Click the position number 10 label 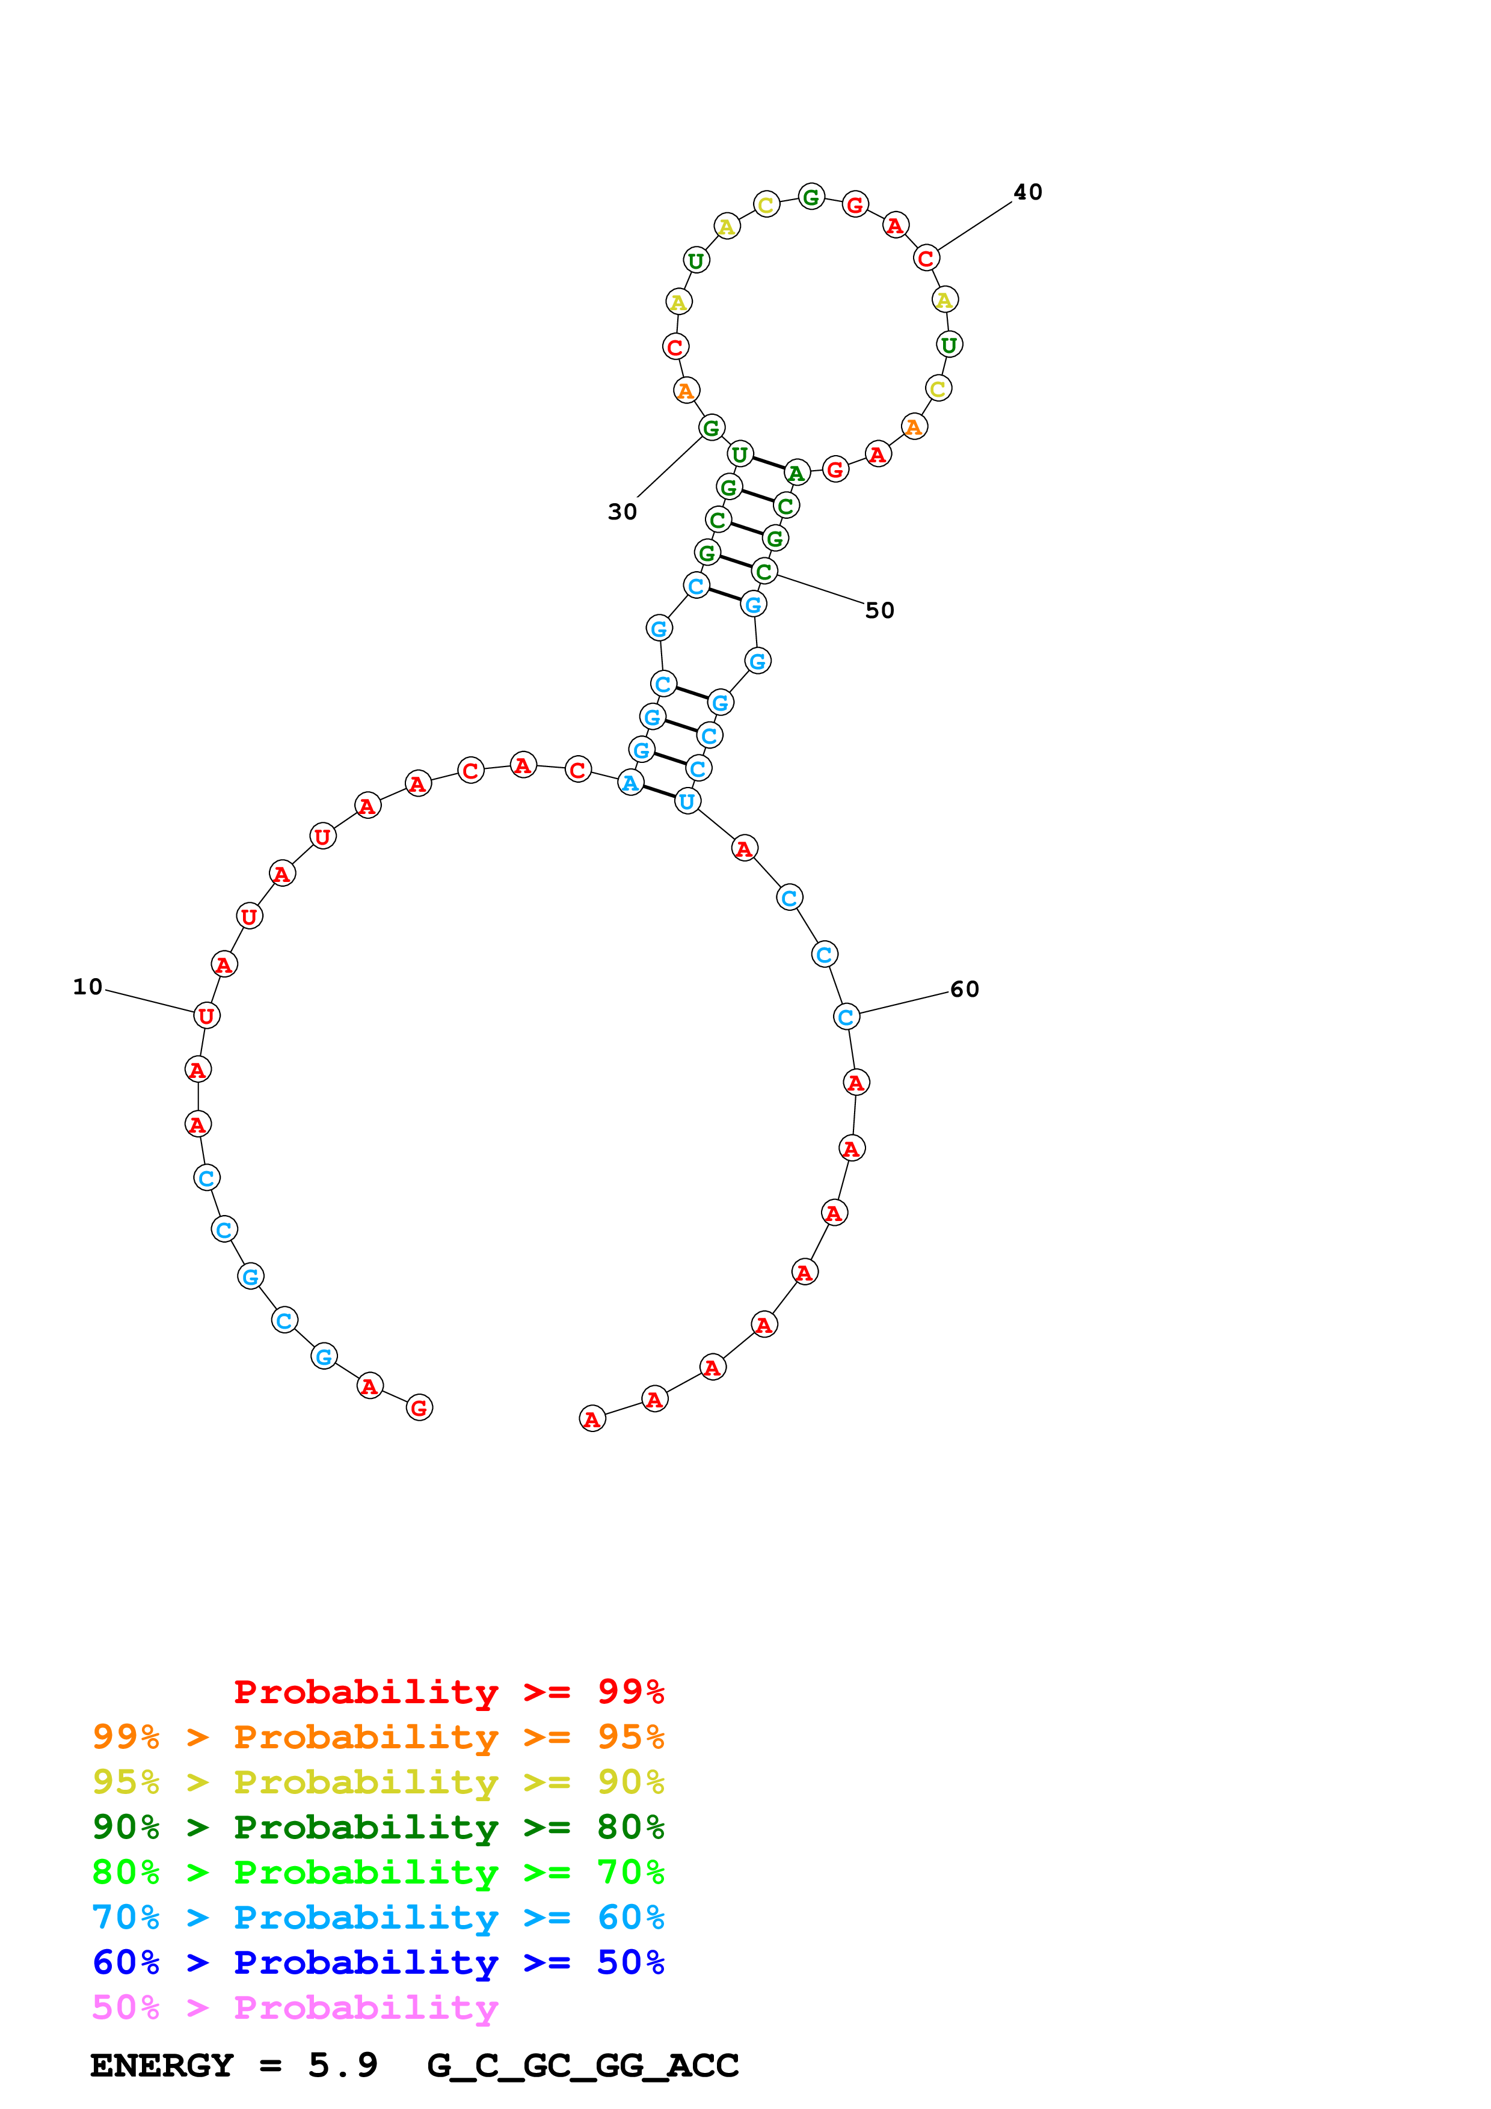[88, 987]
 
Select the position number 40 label [1027, 192]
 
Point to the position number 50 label [879, 611]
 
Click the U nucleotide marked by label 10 [207, 1016]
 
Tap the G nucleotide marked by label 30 [711, 428]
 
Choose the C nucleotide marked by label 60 [846, 1017]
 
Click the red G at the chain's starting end [419, 1407]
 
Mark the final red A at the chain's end [592, 1419]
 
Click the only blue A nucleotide [630, 783]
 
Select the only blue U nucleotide [687, 802]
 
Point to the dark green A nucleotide [796, 474]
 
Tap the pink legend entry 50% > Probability [295, 2008]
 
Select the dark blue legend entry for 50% [378, 1963]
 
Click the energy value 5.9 [343, 2066]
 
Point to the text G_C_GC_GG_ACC [582, 2066]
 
